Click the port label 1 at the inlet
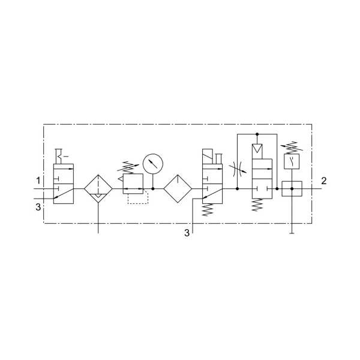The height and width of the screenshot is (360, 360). (x=38, y=181)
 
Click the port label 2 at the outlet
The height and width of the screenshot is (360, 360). (x=324, y=181)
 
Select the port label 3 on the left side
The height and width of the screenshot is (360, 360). (x=38, y=207)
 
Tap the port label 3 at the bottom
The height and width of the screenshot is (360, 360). (x=187, y=233)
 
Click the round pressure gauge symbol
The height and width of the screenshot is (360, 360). (x=153, y=164)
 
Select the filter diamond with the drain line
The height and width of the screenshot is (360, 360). (x=98, y=189)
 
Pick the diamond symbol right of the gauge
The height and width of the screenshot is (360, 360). (x=178, y=189)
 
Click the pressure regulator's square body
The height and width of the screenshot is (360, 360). (x=133, y=184)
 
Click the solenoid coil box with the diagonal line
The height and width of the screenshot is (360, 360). (x=208, y=157)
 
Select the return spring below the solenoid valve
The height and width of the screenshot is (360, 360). (x=208, y=209)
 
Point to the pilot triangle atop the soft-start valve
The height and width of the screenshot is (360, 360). (x=257, y=148)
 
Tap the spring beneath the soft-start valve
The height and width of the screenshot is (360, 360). (x=257, y=205)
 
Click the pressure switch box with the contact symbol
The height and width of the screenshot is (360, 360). (x=292, y=161)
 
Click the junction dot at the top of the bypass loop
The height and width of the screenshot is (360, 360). (x=257, y=134)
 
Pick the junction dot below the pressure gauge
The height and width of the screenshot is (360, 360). (x=153, y=189)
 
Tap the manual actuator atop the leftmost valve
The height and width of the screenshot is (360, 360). (x=60, y=157)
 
